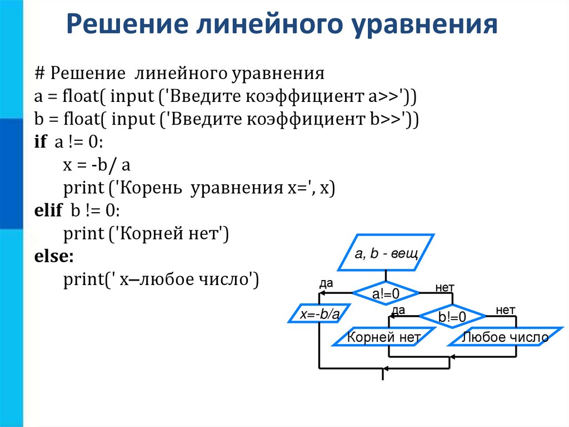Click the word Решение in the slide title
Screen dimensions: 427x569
[x=128, y=26]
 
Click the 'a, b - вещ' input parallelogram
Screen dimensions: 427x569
[x=386, y=255]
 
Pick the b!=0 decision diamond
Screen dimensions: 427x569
[x=452, y=317]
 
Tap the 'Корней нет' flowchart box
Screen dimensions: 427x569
[x=383, y=337]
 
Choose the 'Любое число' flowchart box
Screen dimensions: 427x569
[x=505, y=337]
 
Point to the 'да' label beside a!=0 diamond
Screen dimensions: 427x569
[x=326, y=283]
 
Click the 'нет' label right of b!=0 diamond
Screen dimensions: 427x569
[x=506, y=309]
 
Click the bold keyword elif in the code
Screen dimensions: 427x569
[x=46, y=211]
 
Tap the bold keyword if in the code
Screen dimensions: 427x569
[x=40, y=143]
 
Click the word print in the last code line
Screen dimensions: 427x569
[x=81, y=279]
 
